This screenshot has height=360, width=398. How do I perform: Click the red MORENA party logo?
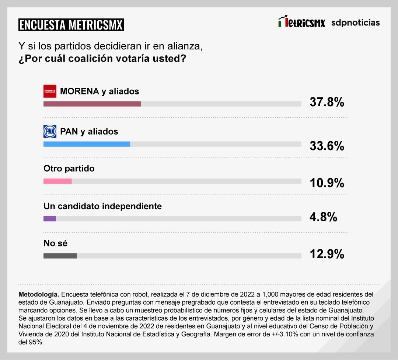coord(50,91)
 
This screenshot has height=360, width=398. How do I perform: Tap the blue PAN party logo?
coord(50,131)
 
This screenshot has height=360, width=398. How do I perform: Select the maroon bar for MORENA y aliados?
coord(92,104)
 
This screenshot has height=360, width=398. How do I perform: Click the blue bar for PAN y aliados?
coord(87,144)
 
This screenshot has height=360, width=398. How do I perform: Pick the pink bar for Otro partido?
coord(57,181)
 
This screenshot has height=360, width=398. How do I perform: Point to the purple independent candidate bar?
coord(50,219)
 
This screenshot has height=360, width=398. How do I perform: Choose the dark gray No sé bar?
coord(60,256)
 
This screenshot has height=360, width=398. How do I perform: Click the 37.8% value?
coord(327,102)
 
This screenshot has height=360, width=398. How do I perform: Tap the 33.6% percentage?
coord(327,146)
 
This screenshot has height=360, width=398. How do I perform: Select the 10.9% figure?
coord(327,182)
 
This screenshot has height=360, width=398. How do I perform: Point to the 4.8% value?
coord(323,217)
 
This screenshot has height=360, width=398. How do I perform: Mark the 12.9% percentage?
coord(327,254)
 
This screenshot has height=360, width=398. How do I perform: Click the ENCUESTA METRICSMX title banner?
coord(71,25)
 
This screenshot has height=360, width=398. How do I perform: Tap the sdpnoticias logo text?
coord(355,22)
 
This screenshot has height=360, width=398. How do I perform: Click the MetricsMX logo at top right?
coord(302,22)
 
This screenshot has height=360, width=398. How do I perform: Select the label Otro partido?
coord(69,169)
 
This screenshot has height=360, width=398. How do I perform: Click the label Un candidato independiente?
coord(102,206)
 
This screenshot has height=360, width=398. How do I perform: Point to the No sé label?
coord(55,243)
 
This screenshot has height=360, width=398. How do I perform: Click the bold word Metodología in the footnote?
coord(38,295)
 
